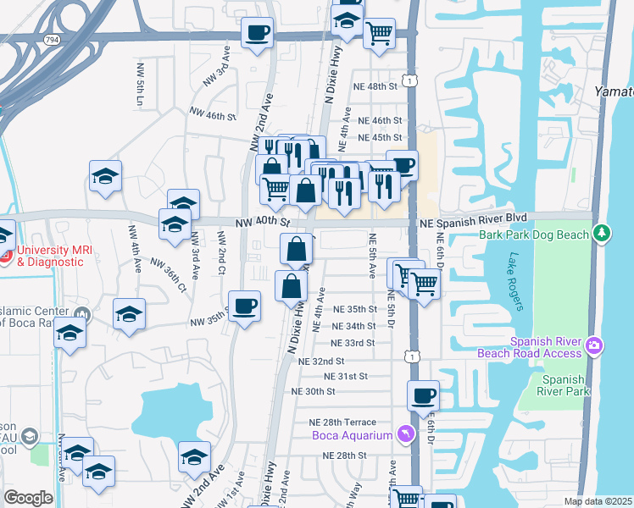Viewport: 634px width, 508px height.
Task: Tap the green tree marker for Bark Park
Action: point(602,232)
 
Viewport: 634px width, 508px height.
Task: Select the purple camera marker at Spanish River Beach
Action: point(594,345)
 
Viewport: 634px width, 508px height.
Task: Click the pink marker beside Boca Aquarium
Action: point(405,434)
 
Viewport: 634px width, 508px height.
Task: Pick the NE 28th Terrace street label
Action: point(348,422)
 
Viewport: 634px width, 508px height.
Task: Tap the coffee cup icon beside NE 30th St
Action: point(423,395)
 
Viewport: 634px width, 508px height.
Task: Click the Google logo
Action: point(28,498)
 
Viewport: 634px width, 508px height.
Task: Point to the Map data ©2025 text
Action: point(598,501)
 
